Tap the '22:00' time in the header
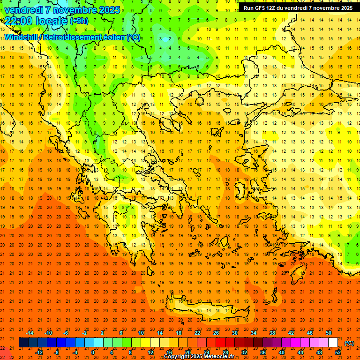(17, 21)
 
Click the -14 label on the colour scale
(30, 332)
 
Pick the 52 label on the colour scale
(338, 352)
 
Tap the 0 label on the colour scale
(92, 352)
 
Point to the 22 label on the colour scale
(197, 332)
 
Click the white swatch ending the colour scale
(333, 343)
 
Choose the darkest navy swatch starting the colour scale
(23, 343)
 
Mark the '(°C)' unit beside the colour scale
(349, 343)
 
